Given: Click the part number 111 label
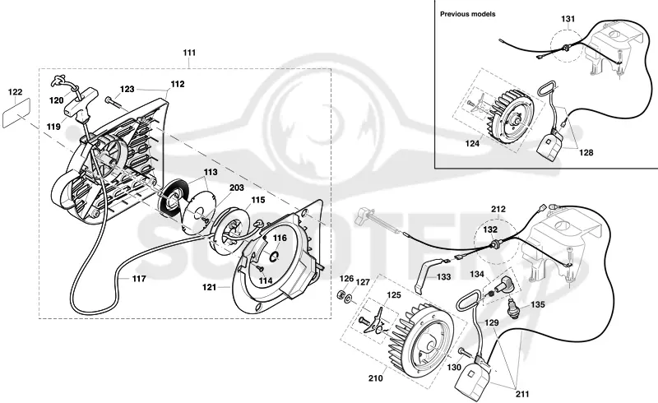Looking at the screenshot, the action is point(189,53).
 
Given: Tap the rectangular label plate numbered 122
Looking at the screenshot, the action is point(16,113).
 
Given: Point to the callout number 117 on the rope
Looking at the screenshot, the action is point(139,278).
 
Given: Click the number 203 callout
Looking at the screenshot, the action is point(237,188).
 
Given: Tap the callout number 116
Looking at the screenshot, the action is point(280,238).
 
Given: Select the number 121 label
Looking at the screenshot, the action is point(209,287).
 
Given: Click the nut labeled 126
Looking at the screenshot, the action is point(341,294).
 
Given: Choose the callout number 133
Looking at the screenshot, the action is point(443,276).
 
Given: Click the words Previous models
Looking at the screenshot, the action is point(467,14).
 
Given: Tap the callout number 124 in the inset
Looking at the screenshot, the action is point(472,144).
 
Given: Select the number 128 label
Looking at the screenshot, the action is point(586,152).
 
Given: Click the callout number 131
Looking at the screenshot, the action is point(568,19).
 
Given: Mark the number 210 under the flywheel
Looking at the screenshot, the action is point(376,378).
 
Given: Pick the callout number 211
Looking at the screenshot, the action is point(522,394).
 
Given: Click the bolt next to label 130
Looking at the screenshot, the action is point(465,352).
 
